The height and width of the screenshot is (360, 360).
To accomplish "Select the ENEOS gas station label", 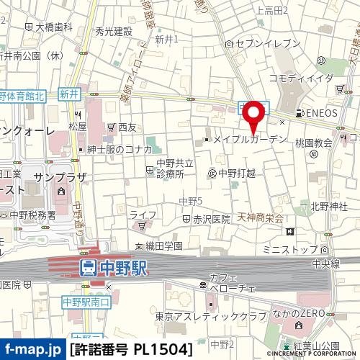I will [317, 114].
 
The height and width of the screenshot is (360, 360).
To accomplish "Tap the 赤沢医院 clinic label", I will [210, 218].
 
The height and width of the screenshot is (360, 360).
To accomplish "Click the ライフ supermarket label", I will [143, 215].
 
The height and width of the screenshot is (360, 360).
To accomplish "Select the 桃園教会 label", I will [313, 143].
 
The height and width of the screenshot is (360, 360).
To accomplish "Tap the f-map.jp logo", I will [33, 350].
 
